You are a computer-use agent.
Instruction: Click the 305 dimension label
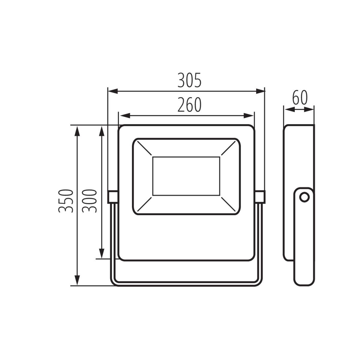(189, 80)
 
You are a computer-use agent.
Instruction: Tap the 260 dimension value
(189, 105)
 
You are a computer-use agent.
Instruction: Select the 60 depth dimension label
(300, 98)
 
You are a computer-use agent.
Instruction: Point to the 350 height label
(65, 201)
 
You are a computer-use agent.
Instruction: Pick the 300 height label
(89, 201)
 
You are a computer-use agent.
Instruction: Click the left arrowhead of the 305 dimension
(113, 91)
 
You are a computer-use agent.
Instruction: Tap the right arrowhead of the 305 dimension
(260, 91)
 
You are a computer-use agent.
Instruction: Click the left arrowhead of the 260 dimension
(125, 115)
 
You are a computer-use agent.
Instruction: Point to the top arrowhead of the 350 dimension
(77, 131)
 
